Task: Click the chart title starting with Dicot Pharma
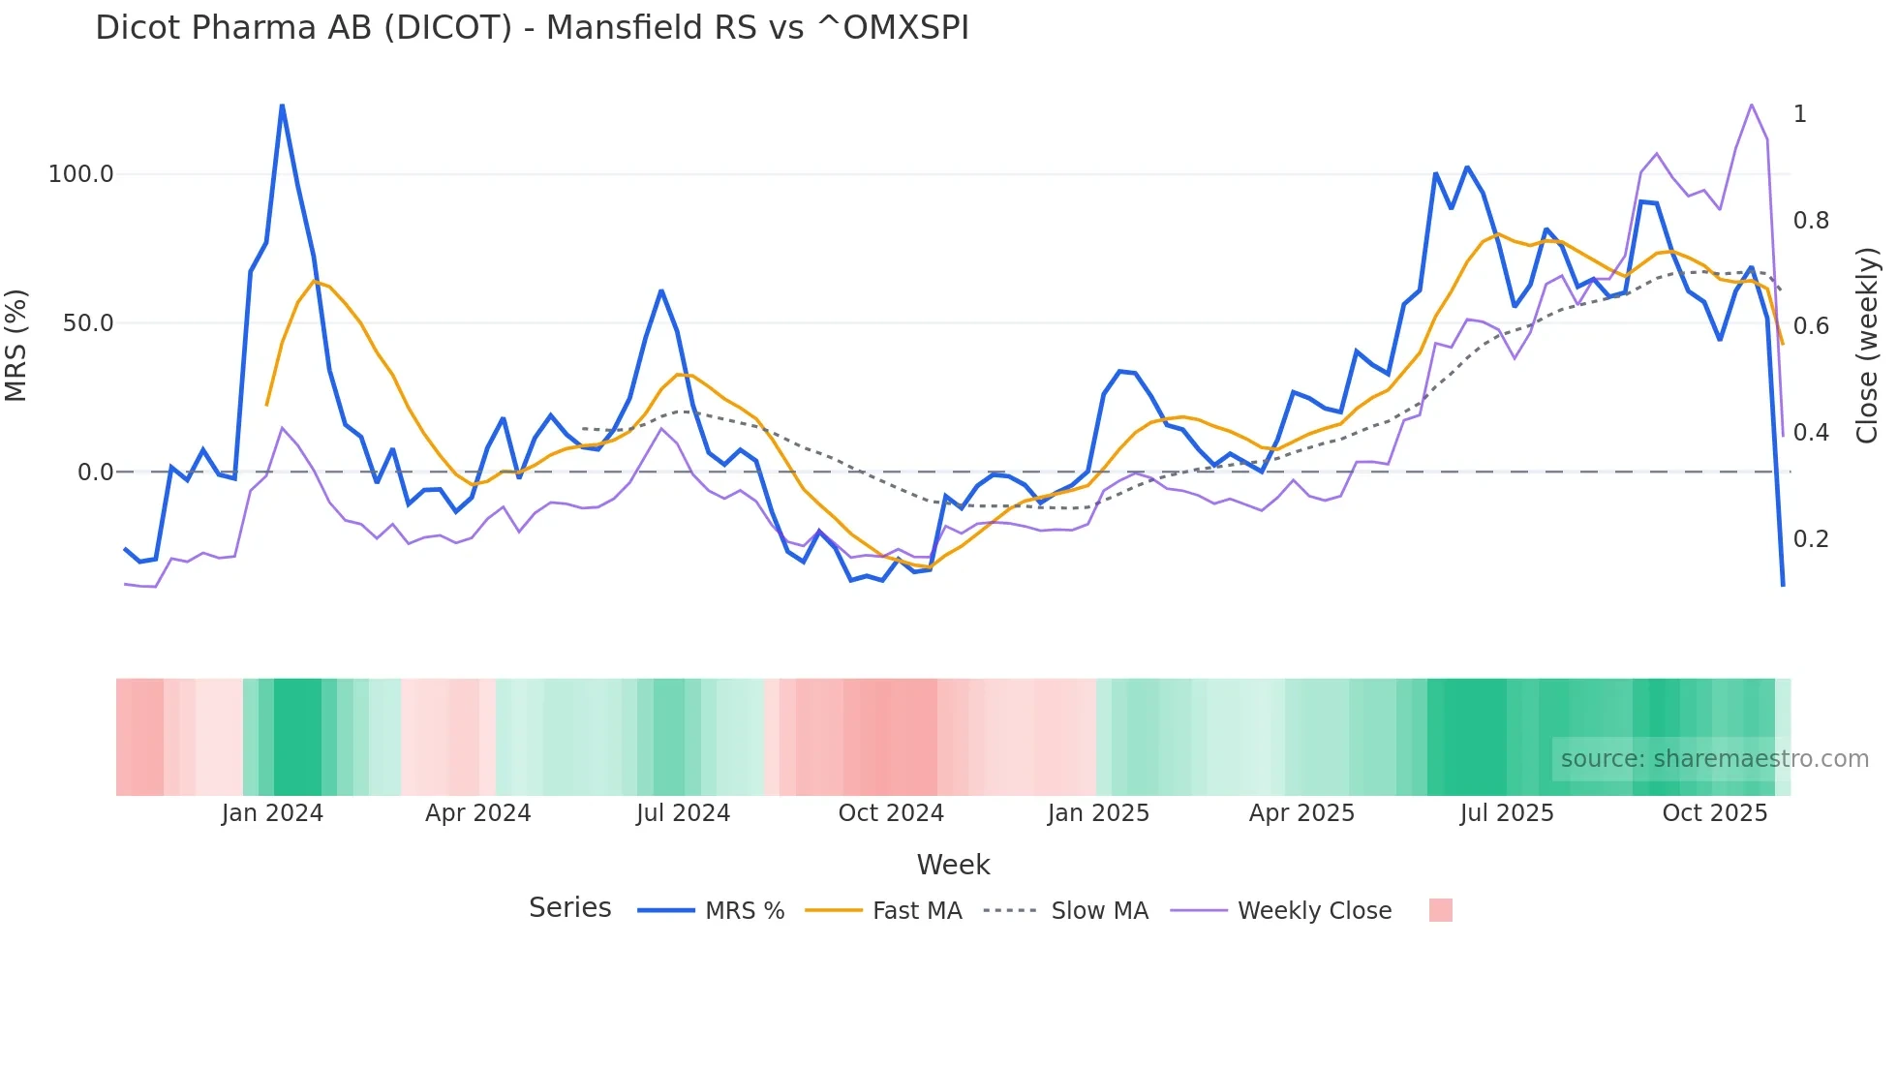point(532,28)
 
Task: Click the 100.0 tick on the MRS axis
point(80,174)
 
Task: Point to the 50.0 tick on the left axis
point(87,323)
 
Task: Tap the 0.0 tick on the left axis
point(95,473)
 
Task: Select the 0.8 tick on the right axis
point(1811,221)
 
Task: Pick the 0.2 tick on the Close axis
point(1811,539)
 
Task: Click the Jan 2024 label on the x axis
point(272,813)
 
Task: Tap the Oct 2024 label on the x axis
point(891,813)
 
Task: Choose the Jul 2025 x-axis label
point(1507,813)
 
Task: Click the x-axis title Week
point(953,865)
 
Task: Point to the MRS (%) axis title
point(16,345)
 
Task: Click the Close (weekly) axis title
point(1867,346)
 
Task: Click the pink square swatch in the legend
point(1440,910)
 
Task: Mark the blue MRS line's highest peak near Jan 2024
point(282,106)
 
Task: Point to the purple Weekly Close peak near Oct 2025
point(1751,105)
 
